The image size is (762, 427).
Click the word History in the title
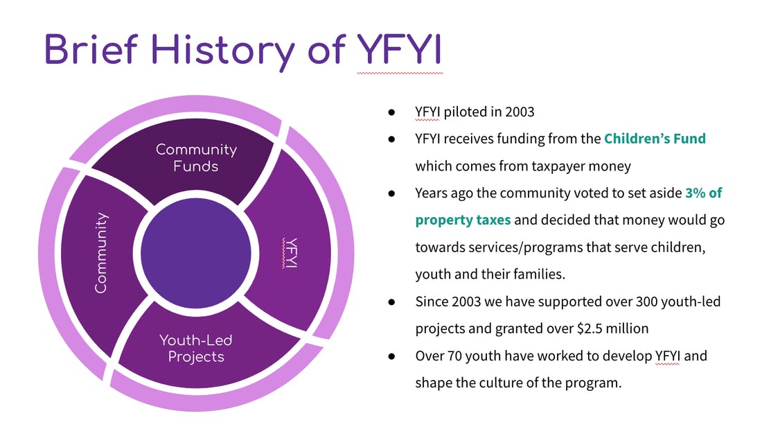[222, 51]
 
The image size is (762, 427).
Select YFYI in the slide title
[400, 49]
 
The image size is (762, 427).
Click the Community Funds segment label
[196, 157]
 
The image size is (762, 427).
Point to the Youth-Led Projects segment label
[196, 348]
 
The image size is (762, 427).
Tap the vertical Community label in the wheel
[100, 253]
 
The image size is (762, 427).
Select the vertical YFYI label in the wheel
[290, 253]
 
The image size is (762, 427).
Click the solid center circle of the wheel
[196, 253]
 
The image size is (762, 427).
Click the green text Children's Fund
[655, 139]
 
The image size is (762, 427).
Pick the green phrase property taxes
[463, 220]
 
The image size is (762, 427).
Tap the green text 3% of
[703, 193]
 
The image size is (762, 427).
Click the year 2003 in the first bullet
[520, 112]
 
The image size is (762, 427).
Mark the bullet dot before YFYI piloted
[391, 112]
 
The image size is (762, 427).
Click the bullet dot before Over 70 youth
[391, 356]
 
